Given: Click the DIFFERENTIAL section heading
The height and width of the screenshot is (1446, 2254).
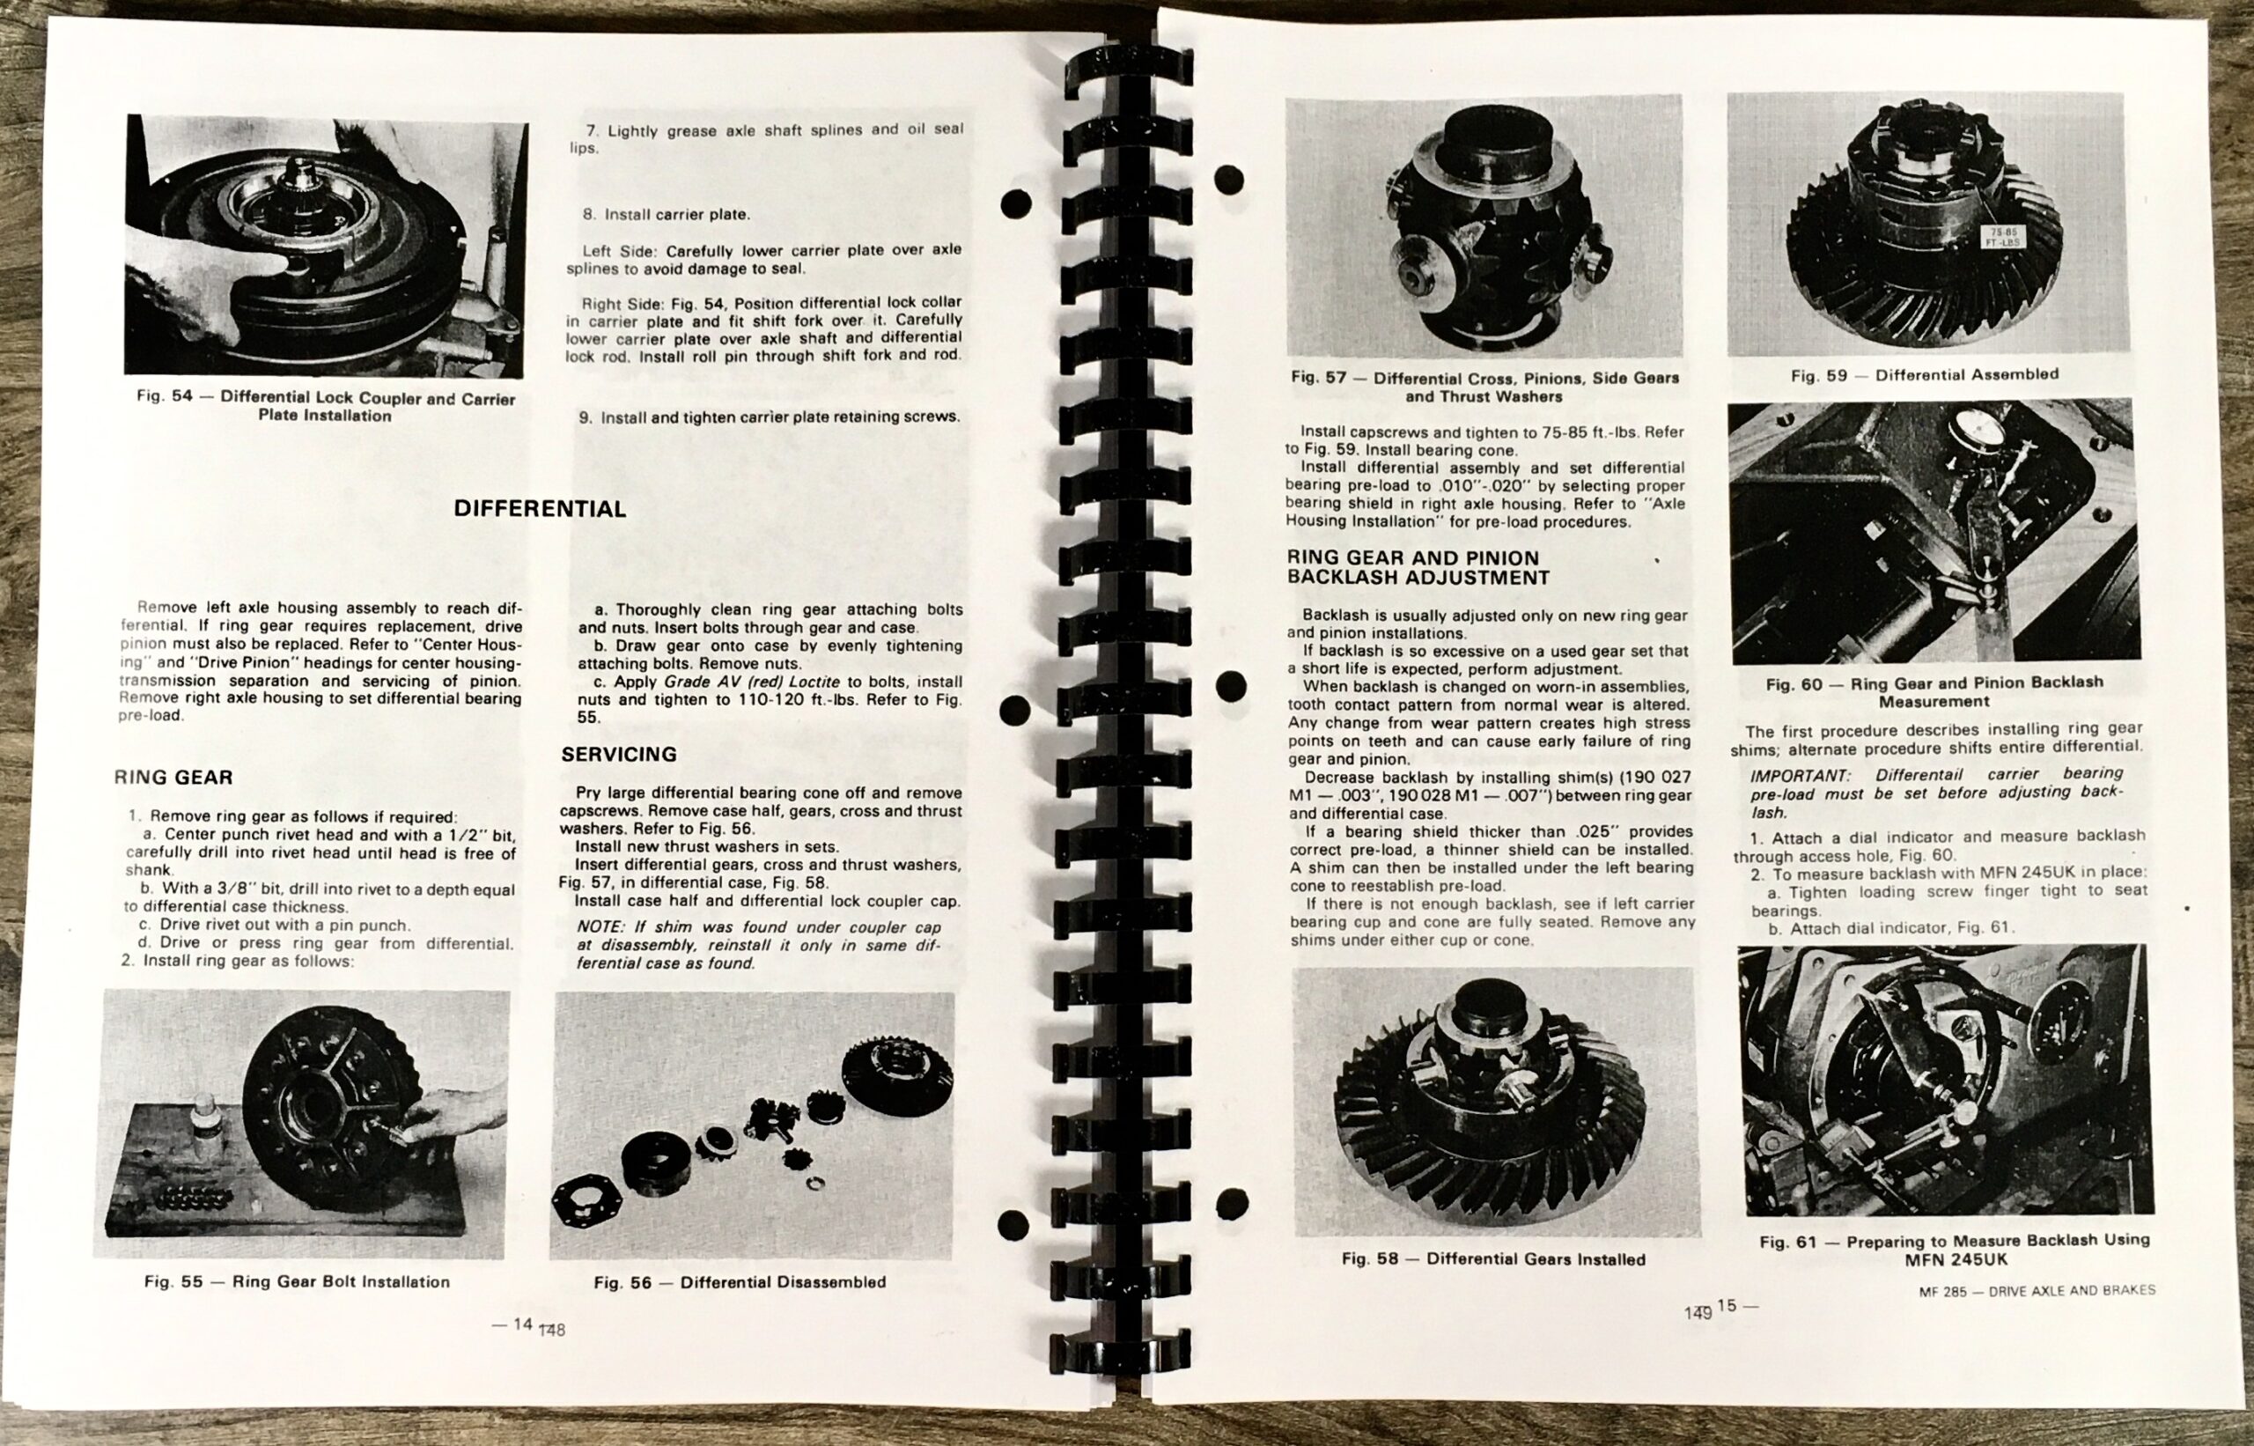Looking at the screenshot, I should click(539, 509).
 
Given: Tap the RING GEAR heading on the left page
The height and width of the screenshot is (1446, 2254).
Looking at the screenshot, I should click(173, 778).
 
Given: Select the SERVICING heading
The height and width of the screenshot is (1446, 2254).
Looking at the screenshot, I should click(618, 754).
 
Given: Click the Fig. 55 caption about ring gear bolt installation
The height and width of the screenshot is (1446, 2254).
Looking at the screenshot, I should click(297, 1281).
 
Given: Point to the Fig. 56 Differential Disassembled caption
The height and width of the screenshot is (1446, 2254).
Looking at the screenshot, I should click(740, 1281).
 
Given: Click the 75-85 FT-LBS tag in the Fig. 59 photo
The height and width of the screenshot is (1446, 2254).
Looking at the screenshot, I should click(2000, 238).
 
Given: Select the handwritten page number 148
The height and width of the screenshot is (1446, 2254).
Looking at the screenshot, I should click(553, 1331).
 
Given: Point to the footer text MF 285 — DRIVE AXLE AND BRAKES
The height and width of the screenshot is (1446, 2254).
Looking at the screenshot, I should click(2037, 1291).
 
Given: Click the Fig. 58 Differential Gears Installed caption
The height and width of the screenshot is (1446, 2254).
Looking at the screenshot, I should click(1492, 1259).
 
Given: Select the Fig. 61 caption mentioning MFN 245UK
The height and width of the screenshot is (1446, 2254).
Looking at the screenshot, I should click(1955, 1250).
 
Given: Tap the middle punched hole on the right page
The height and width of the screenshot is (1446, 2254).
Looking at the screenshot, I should click(1231, 686).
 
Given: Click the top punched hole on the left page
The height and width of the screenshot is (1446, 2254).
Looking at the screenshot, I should click(1016, 203).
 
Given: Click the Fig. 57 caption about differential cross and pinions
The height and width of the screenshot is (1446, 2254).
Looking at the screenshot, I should click(1484, 387).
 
